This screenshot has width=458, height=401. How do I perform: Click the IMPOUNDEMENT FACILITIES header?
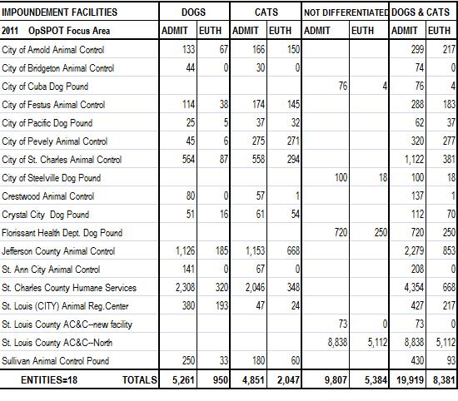[59, 12]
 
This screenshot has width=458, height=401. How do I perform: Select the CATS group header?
[266, 12]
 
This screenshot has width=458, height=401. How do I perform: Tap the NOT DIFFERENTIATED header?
[346, 12]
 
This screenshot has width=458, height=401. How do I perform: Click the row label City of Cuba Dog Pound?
[45, 87]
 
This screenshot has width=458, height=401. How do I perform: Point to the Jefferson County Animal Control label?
[58, 251]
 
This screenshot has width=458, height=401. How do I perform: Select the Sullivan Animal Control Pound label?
[55, 361]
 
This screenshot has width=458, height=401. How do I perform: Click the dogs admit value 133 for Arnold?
[188, 49]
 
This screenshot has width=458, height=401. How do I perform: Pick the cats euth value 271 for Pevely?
[293, 141]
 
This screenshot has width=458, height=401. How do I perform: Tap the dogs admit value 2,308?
[185, 288]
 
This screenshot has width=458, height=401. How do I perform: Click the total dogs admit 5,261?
[183, 379]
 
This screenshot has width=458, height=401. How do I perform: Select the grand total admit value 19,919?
[410, 379]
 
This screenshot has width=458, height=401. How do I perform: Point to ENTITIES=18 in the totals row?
[49, 379]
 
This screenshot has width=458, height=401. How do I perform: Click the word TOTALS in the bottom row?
[139, 379]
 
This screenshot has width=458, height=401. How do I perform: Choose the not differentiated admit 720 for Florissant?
[341, 233]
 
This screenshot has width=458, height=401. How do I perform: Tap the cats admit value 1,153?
[255, 251]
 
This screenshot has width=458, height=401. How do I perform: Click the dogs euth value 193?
[222, 305]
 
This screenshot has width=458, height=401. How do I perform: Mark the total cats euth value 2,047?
[288, 379]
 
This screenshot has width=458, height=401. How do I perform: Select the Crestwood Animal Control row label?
[48, 196]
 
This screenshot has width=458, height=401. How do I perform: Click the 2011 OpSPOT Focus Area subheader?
[56, 31]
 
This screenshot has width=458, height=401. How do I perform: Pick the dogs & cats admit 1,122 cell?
[414, 160]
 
